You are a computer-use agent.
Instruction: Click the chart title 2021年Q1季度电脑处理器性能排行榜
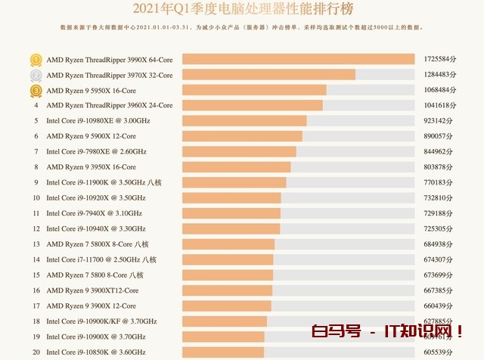point(242,10)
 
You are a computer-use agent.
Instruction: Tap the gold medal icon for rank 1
point(36,59)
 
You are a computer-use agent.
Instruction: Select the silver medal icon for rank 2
point(36,75)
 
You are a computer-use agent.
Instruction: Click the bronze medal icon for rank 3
point(36,90)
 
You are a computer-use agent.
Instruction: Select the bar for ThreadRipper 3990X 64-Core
point(299,59)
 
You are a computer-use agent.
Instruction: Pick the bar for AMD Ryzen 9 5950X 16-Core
point(254,90)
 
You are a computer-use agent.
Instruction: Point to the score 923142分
point(439,121)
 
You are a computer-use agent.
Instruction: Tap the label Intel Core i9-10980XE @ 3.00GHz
point(98,121)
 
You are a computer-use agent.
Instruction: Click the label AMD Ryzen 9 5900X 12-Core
point(91,136)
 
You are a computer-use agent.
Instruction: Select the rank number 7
point(36,152)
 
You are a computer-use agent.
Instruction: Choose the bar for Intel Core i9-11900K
point(234,182)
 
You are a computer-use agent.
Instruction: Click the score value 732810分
point(439,198)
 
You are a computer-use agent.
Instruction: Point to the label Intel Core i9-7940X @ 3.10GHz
point(94,213)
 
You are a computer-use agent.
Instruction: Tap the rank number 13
point(36,244)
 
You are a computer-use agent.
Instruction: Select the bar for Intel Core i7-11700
point(228,259)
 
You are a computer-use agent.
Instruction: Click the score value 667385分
point(439,290)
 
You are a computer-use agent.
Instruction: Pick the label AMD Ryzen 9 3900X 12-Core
point(91,306)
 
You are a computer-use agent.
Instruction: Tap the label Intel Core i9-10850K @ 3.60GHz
point(95,352)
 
